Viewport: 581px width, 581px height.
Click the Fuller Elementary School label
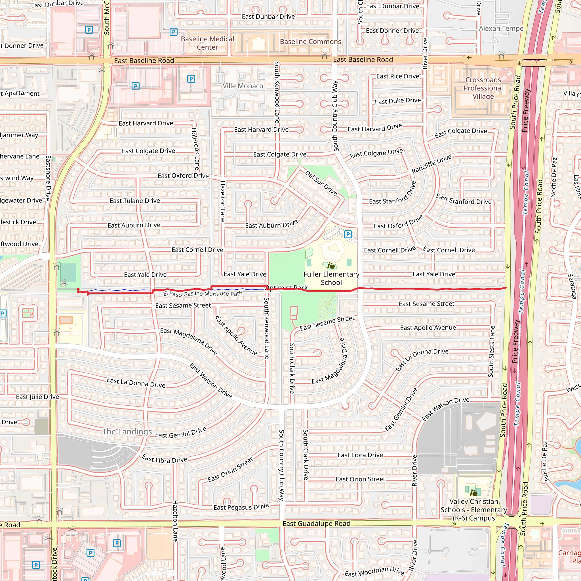pyautogui.click(x=331, y=278)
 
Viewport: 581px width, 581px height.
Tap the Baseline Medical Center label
pyautogui.click(x=207, y=43)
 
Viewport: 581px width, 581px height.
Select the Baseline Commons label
pyautogui.click(x=310, y=41)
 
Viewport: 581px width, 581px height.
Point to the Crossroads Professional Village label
pyautogui.click(x=483, y=88)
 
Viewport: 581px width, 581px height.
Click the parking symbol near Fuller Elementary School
pyautogui.click(x=348, y=234)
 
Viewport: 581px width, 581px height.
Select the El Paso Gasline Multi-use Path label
pyautogui.click(x=203, y=294)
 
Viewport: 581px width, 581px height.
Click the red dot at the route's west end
pyautogui.click(x=78, y=289)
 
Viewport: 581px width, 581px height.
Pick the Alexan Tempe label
pyautogui.click(x=501, y=29)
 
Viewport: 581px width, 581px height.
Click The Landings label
pyautogui.click(x=127, y=431)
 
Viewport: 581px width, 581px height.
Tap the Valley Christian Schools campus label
pyautogui.click(x=474, y=510)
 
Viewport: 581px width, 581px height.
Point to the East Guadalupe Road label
pyautogui.click(x=316, y=524)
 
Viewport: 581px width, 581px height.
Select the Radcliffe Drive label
pyautogui.click(x=431, y=164)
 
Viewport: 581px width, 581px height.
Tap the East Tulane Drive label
pyautogui.click(x=135, y=201)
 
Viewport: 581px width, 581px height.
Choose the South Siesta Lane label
pyautogui.click(x=491, y=351)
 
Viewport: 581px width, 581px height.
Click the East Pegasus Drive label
pyautogui.click(x=241, y=507)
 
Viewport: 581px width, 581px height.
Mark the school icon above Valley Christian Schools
pyautogui.click(x=474, y=493)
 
